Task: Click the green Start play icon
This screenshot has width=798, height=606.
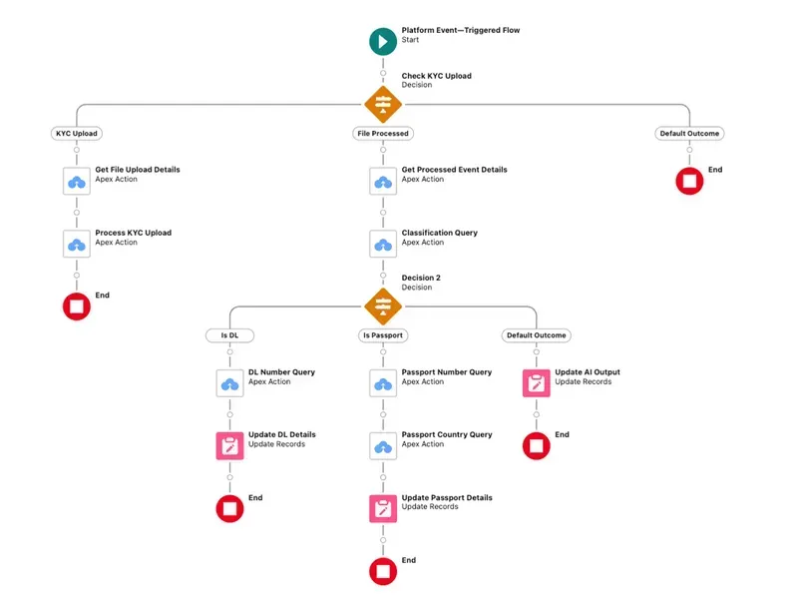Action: (x=383, y=41)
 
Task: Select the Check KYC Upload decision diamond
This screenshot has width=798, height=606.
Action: (x=383, y=103)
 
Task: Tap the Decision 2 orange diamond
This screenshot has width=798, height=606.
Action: (x=383, y=304)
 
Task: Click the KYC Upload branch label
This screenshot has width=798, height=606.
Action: (x=77, y=134)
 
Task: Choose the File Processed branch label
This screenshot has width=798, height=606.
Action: (x=383, y=134)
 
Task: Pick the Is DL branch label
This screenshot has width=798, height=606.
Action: (x=229, y=335)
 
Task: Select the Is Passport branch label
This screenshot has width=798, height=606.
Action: (x=383, y=335)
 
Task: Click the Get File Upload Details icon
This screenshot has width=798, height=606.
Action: (x=77, y=182)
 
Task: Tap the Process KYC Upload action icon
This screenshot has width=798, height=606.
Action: (x=77, y=245)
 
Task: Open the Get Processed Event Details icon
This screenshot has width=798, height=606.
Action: (x=383, y=182)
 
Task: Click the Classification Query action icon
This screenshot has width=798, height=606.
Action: (x=383, y=245)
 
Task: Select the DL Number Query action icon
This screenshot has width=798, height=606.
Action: (x=229, y=383)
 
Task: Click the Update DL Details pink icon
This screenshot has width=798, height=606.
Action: (x=229, y=446)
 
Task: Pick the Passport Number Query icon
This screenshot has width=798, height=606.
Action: (x=383, y=383)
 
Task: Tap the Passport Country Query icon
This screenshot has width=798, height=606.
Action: (x=383, y=446)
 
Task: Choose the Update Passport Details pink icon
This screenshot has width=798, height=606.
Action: (x=383, y=509)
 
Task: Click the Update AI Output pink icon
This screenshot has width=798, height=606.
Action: (x=537, y=383)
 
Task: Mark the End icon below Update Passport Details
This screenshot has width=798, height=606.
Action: (x=383, y=571)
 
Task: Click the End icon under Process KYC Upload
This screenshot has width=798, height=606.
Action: (x=77, y=306)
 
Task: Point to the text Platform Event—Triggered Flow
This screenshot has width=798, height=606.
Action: (x=460, y=31)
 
